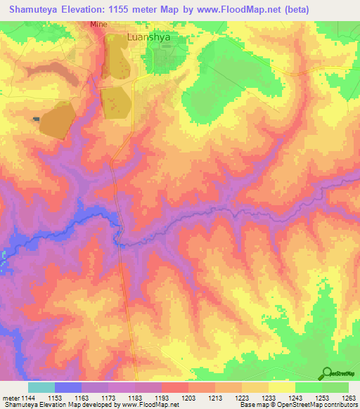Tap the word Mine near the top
click(98, 24)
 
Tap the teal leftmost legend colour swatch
click(41, 387)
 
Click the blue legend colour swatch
click(68, 387)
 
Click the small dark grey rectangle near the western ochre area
click(36, 119)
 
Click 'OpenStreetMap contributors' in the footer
click(321, 405)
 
